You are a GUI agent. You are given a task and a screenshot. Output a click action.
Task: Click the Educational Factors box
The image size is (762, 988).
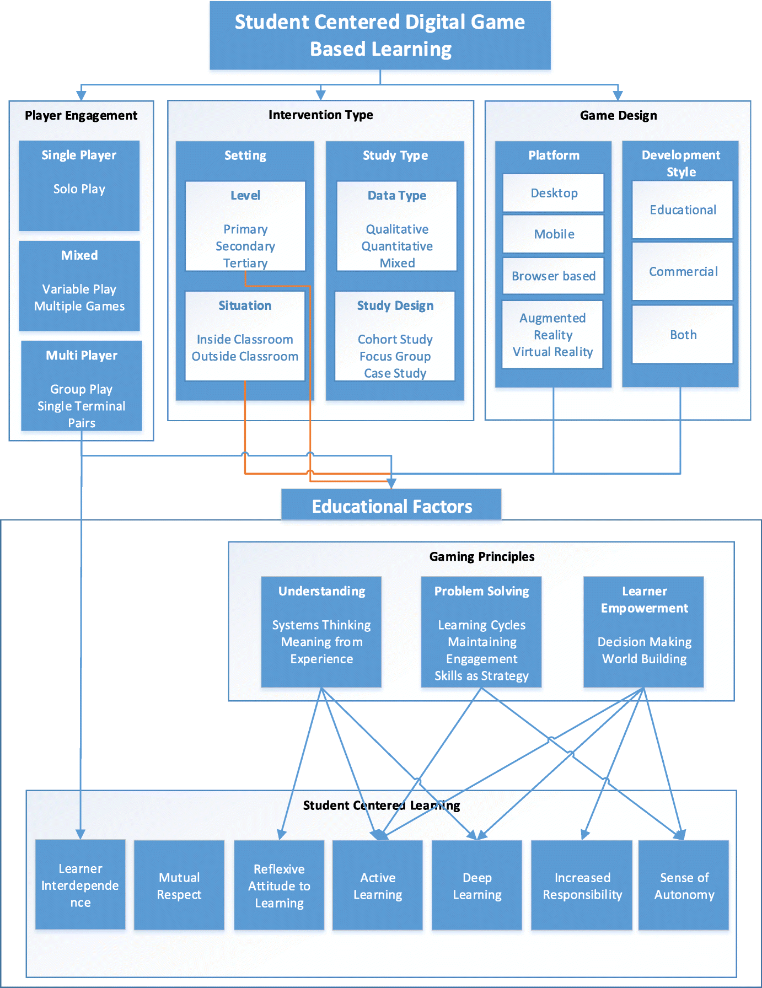pyautogui.click(x=391, y=505)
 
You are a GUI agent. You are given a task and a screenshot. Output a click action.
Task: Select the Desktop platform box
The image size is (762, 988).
pyautogui.click(x=554, y=193)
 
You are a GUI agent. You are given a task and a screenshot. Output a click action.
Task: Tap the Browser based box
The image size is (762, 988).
pyautogui.click(x=553, y=276)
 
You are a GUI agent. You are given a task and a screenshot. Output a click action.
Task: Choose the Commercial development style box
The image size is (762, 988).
pyautogui.click(x=683, y=271)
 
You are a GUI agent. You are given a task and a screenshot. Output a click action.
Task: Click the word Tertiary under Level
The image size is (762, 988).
pyautogui.click(x=245, y=263)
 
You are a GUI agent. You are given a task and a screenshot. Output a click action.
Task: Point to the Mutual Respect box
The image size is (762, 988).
pyautogui.click(x=179, y=885)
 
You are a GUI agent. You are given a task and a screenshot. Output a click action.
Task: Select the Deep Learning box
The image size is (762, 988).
pyautogui.click(x=477, y=885)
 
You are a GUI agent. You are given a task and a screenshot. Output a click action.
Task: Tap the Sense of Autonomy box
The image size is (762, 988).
pyautogui.click(x=684, y=885)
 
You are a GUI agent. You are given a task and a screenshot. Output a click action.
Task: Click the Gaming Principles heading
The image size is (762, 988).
pyautogui.click(x=481, y=556)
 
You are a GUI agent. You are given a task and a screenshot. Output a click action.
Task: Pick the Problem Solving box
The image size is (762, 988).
pyautogui.click(x=481, y=632)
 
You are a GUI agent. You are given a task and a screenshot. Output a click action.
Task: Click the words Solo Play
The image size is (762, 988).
pyautogui.click(x=79, y=189)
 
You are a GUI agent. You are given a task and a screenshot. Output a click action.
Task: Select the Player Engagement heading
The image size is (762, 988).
pyautogui.click(x=81, y=115)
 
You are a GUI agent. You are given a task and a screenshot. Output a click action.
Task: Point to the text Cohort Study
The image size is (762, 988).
pyautogui.click(x=395, y=339)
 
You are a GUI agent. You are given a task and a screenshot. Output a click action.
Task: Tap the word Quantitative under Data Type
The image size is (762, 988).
pyautogui.click(x=397, y=246)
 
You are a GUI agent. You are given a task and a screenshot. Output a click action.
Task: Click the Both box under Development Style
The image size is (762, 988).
pyautogui.click(x=683, y=335)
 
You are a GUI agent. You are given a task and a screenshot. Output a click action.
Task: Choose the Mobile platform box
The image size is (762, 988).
pyautogui.click(x=554, y=234)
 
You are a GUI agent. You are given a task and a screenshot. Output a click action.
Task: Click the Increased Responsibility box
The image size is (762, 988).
pyautogui.click(x=582, y=885)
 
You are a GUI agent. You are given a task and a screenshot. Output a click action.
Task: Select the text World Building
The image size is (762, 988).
pyautogui.click(x=644, y=659)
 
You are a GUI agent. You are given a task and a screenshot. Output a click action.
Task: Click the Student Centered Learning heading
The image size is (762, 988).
pyautogui.click(x=381, y=806)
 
